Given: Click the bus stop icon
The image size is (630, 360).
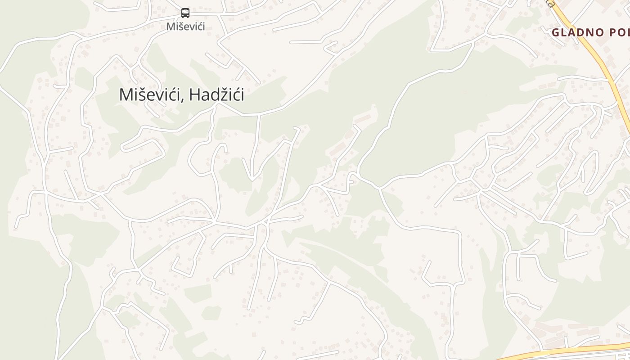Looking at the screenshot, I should [x=185, y=13].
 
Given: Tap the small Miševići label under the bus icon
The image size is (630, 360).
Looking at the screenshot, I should [x=185, y=27].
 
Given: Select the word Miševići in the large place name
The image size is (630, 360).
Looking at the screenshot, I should [x=151, y=95].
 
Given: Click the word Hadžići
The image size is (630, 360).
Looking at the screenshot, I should [x=217, y=95].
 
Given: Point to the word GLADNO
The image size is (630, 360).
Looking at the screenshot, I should [x=578, y=32].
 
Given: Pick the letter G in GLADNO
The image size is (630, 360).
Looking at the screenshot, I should [x=556, y=32].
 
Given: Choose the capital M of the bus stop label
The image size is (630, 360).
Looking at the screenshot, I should [x=171, y=27].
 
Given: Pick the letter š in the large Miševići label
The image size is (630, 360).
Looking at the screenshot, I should [x=140, y=95].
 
